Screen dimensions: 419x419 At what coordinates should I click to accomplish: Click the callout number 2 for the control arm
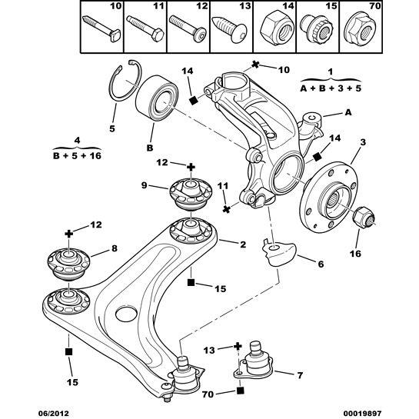(242, 244)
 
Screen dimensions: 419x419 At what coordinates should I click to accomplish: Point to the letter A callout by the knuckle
(348, 112)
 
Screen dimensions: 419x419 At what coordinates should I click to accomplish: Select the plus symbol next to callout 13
(238, 348)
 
